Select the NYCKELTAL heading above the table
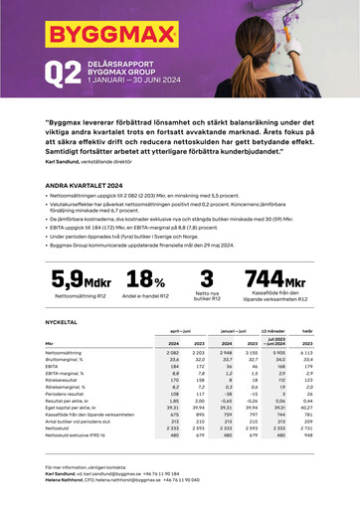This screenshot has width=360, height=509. pos(62,323)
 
